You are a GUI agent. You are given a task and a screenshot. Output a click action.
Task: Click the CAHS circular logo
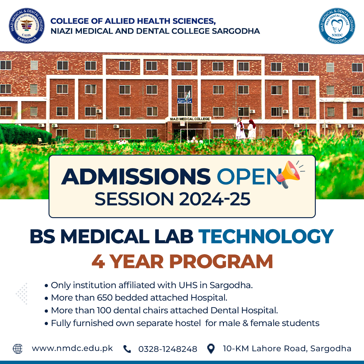click(27, 26)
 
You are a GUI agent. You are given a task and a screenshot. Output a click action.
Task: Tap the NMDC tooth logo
click(337, 26)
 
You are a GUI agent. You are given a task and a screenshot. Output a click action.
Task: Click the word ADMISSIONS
click(136, 177)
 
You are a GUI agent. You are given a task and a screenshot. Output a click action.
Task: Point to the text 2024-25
click(214, 199)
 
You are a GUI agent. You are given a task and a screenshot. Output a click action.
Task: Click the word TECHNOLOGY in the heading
click(266, 236)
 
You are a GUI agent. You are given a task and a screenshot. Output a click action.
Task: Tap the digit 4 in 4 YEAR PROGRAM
click(98, 261)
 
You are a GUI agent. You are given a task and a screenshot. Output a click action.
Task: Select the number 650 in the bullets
click(105, 298)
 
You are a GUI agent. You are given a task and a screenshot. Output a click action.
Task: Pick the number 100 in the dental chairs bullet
click(104, 310)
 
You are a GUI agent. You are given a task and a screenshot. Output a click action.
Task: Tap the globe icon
click(18, 349)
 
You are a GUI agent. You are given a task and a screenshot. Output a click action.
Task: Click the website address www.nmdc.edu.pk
click(72, 349)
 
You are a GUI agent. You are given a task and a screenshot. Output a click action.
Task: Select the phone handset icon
click(127, 349)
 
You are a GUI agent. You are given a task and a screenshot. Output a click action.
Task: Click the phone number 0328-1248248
click(168, 349)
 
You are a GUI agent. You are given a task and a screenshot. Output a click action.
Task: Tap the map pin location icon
click(211, 349)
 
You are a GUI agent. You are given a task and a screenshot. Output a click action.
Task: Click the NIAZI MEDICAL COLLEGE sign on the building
click(190, 119)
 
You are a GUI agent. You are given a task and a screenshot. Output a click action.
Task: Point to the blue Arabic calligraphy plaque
click(184, 101)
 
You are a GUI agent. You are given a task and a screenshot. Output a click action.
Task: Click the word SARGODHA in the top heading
click(236, 31)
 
